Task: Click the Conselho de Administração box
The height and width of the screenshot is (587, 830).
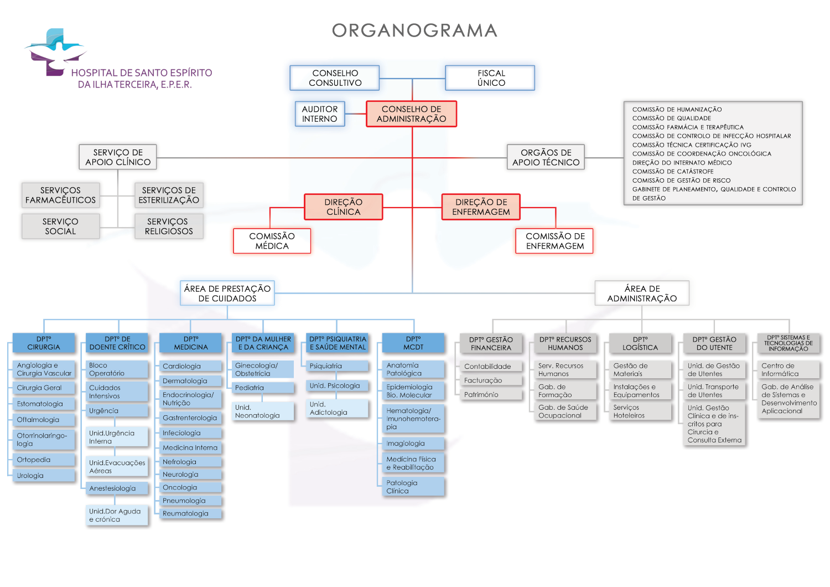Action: point(411,114)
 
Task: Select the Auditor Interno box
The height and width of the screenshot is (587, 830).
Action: point(320,114)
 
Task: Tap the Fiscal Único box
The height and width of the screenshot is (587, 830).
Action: point(490,78)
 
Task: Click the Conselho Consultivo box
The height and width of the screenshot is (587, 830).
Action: point(335,78)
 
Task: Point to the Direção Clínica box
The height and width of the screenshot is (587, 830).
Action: point(343,207)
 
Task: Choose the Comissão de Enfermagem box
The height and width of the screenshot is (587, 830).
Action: point(554,241)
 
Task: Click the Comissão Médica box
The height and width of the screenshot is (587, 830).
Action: point(272,241)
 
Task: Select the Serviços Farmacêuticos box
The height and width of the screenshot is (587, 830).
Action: point(60,195)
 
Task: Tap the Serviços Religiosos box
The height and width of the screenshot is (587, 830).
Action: point(169,226)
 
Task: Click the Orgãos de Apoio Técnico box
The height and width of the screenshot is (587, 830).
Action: point(546,157)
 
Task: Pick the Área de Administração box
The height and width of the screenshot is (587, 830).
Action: point(642,293)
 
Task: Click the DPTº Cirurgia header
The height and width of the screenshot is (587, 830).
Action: point(44,343)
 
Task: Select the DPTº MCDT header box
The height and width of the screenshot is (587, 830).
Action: point(413,343)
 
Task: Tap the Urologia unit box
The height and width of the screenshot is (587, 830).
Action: point(44,476)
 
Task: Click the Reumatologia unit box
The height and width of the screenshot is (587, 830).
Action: point(191,514)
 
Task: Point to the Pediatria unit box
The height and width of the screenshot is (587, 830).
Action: point(263,388)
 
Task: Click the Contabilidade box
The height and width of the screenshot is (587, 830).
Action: point(491,367)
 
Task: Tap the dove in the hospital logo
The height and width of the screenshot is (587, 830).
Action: point(55,53)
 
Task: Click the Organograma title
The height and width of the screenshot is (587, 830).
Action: point(414,30)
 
